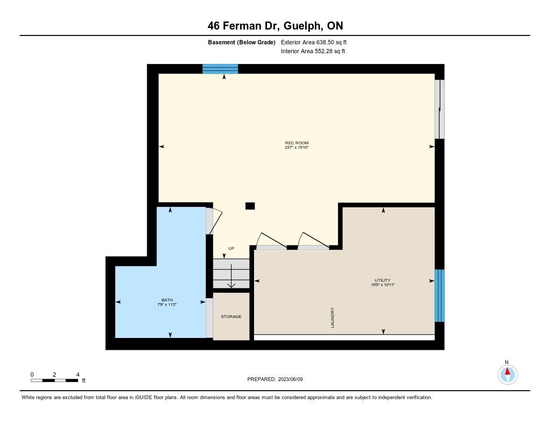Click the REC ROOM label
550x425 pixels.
click(296, 143)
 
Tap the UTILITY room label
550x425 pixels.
click(382, 280)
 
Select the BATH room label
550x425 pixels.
click(167, 300)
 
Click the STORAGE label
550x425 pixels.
click(231, 316)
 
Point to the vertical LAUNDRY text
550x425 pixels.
click(332, 318)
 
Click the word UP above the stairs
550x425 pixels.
click(231, 248)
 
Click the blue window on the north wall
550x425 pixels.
click(220, 69)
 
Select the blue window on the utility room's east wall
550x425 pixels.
click(439, 296)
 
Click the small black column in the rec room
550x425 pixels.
click(250, 206)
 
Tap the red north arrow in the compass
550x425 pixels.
click(508, 371)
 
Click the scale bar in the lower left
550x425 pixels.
click(54, 380)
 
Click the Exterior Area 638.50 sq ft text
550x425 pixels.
click(314, 42)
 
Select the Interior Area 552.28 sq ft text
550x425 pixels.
click(313, 51)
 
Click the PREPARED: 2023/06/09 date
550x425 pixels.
click(275, 379)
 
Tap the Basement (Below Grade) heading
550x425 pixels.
click(242, 42)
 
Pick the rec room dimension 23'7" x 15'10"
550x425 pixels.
click(296, 148)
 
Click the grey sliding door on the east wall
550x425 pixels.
click(439, 109)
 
